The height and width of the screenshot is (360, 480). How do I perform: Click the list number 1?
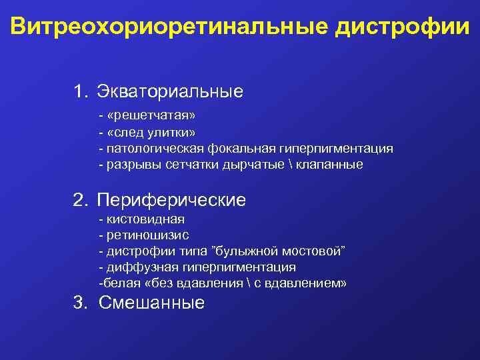pos(79,90)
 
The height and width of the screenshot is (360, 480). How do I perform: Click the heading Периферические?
pos(171,199)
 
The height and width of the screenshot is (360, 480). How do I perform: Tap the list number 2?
pos(79,199)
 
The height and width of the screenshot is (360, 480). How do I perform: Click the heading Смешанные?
pos(151,303)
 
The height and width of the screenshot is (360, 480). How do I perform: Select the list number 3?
pos(79,303)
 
